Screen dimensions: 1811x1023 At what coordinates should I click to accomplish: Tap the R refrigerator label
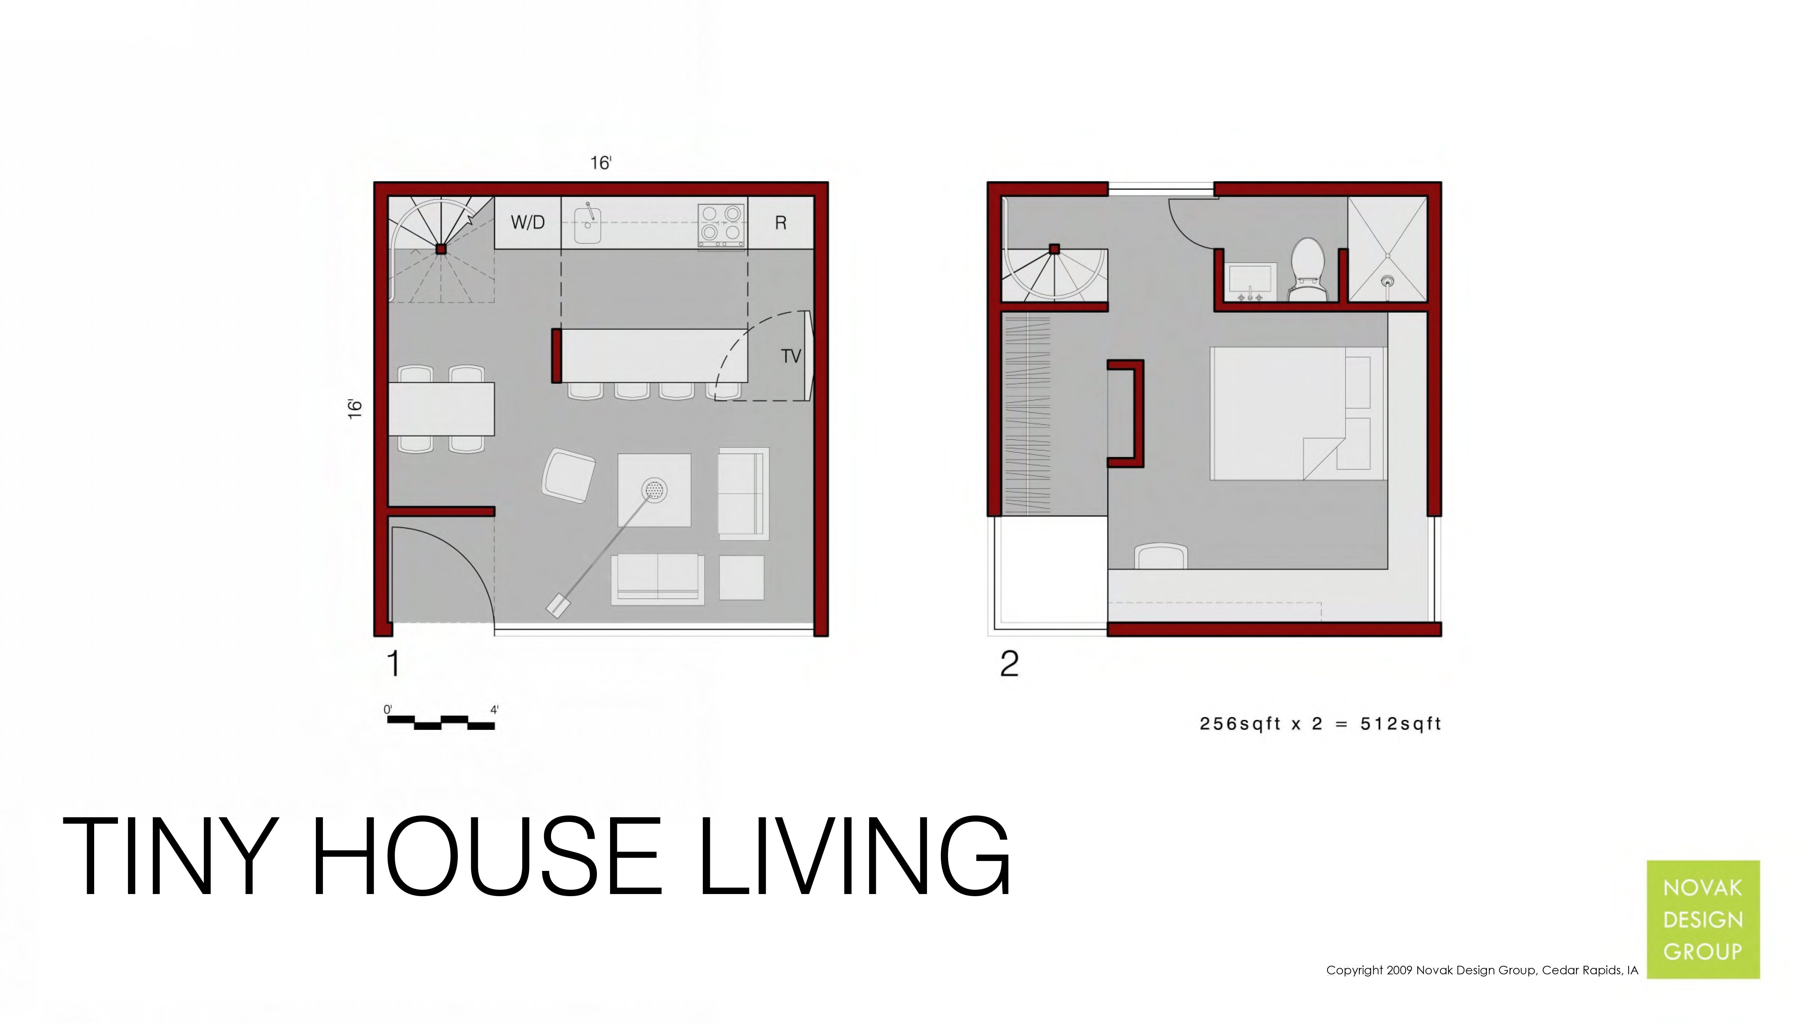point(780,223)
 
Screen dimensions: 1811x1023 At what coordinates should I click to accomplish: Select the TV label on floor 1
point(791,356)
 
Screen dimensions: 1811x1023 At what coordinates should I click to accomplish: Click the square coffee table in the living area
point(654,489)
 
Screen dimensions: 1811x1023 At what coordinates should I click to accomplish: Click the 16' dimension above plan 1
point(600,163)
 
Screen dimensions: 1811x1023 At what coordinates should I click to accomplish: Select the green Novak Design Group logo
point(1703,919)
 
